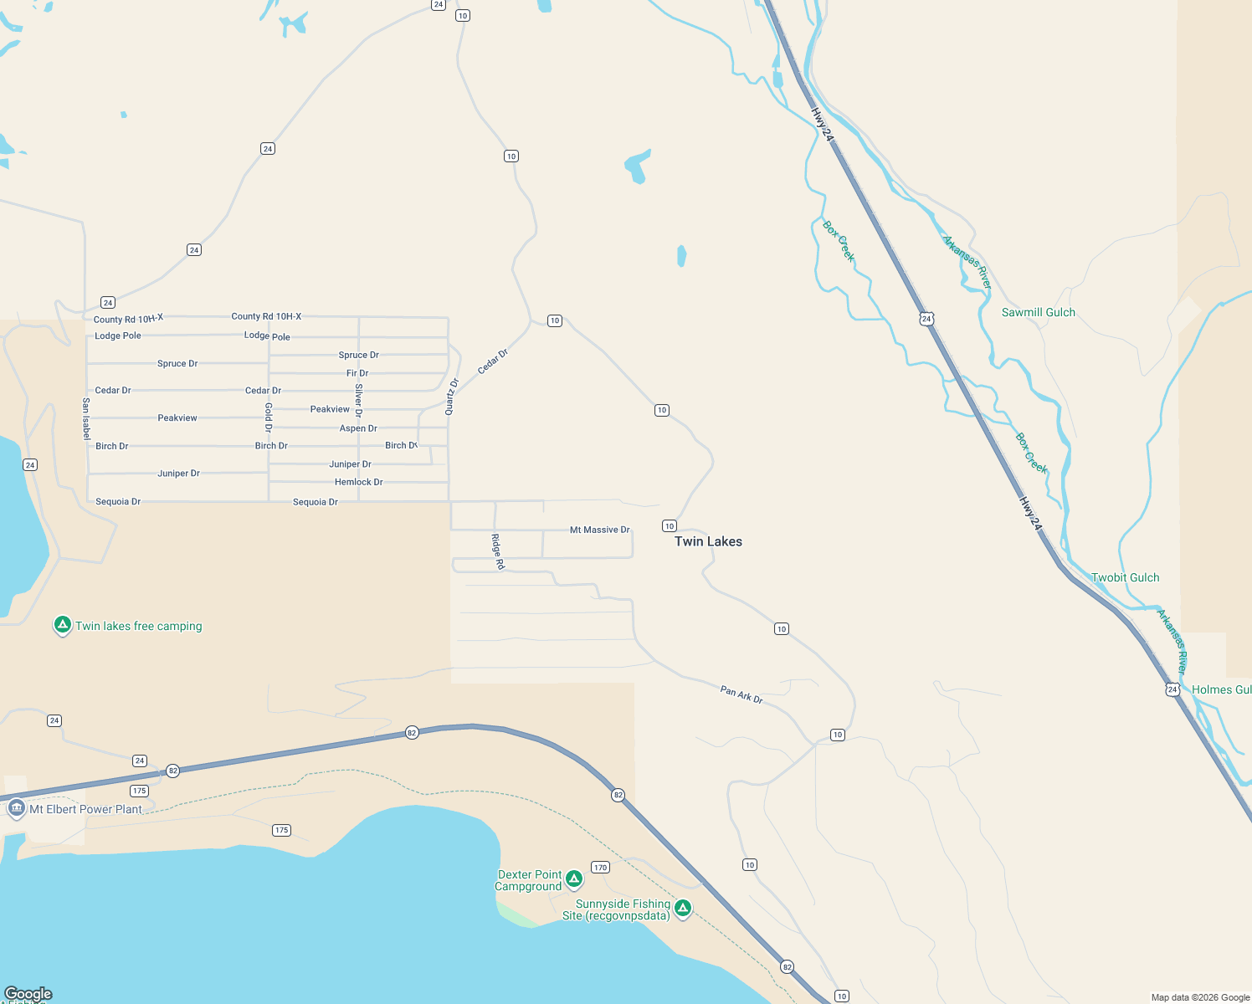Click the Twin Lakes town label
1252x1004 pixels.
[708, 541]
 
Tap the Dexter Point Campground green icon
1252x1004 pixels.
[574, 878]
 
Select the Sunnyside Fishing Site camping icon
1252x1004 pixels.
[683, 908]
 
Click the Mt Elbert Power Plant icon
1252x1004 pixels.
[16, 808]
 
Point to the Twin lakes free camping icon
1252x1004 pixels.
[62, 625]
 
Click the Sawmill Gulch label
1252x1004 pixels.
[1038, 312]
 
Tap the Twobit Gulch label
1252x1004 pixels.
[1125, 577]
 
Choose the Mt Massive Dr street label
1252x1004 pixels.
[599, 530]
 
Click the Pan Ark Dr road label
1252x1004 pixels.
[741, 694]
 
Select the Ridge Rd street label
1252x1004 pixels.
[497, 551]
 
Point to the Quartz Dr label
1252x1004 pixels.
[452, 397]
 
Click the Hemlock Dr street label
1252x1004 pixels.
[358, 482]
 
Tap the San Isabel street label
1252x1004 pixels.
[86, 418]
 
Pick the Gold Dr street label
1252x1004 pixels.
[269, 417]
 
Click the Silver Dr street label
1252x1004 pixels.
[359, 400]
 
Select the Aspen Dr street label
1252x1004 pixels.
[358, 428]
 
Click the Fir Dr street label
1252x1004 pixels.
[357, 373]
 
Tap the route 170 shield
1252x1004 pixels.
[600, 867]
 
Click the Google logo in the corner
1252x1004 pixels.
[28, 994]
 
